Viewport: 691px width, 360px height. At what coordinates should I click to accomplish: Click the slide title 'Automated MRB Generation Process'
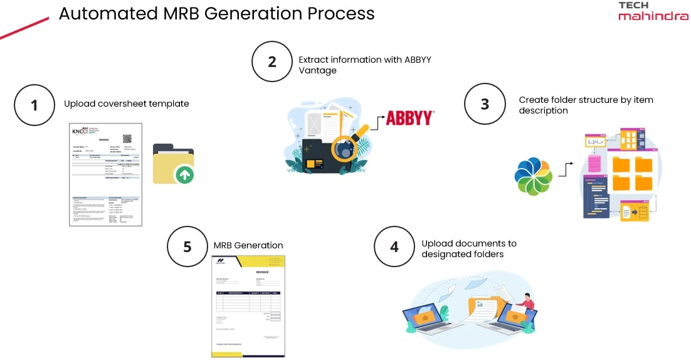pos(216,13)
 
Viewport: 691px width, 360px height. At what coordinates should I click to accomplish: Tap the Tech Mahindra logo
pos(653,11)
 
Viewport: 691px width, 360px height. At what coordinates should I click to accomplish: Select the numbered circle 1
pos(34,105)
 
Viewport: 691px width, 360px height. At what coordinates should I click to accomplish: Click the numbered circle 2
pos(272,62)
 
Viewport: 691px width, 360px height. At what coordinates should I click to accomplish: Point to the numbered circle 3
pos(485,103)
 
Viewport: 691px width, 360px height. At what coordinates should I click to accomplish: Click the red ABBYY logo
pos(409,118)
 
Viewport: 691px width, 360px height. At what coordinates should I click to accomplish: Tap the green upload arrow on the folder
pos(183,174)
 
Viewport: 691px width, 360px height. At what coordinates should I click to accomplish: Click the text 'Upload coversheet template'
pos(126,103)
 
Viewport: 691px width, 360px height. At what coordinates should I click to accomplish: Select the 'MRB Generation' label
pos(248,245)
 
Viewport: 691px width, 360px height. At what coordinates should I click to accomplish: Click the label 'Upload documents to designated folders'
pos(469,248)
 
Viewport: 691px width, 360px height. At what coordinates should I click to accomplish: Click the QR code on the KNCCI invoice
pos(127,139)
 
